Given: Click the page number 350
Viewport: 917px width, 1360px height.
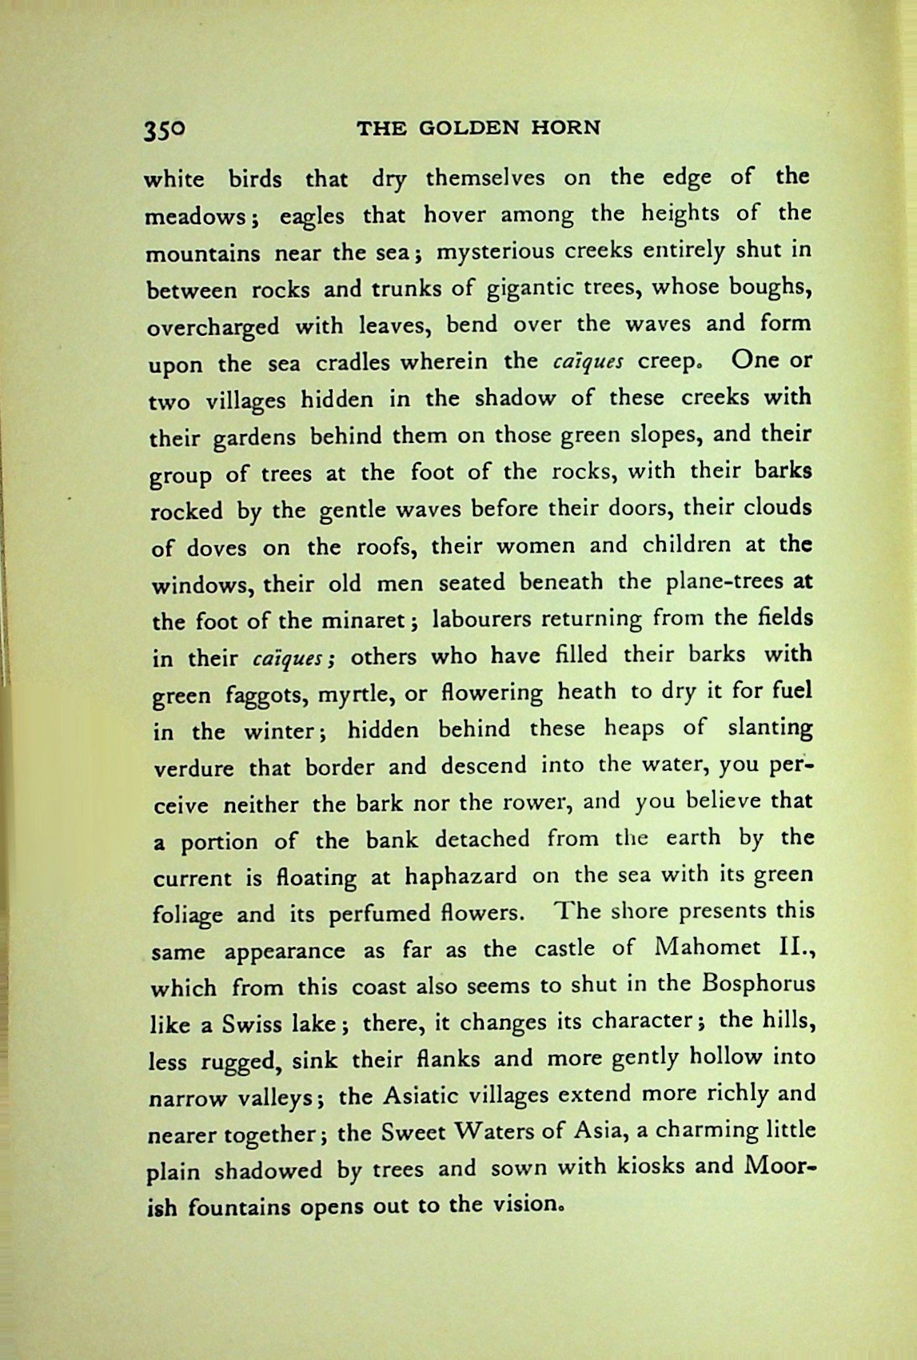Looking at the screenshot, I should [165, 130].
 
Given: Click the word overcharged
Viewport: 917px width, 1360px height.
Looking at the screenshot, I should [213, 327].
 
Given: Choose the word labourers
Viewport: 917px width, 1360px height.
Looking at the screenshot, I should [483, 620].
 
